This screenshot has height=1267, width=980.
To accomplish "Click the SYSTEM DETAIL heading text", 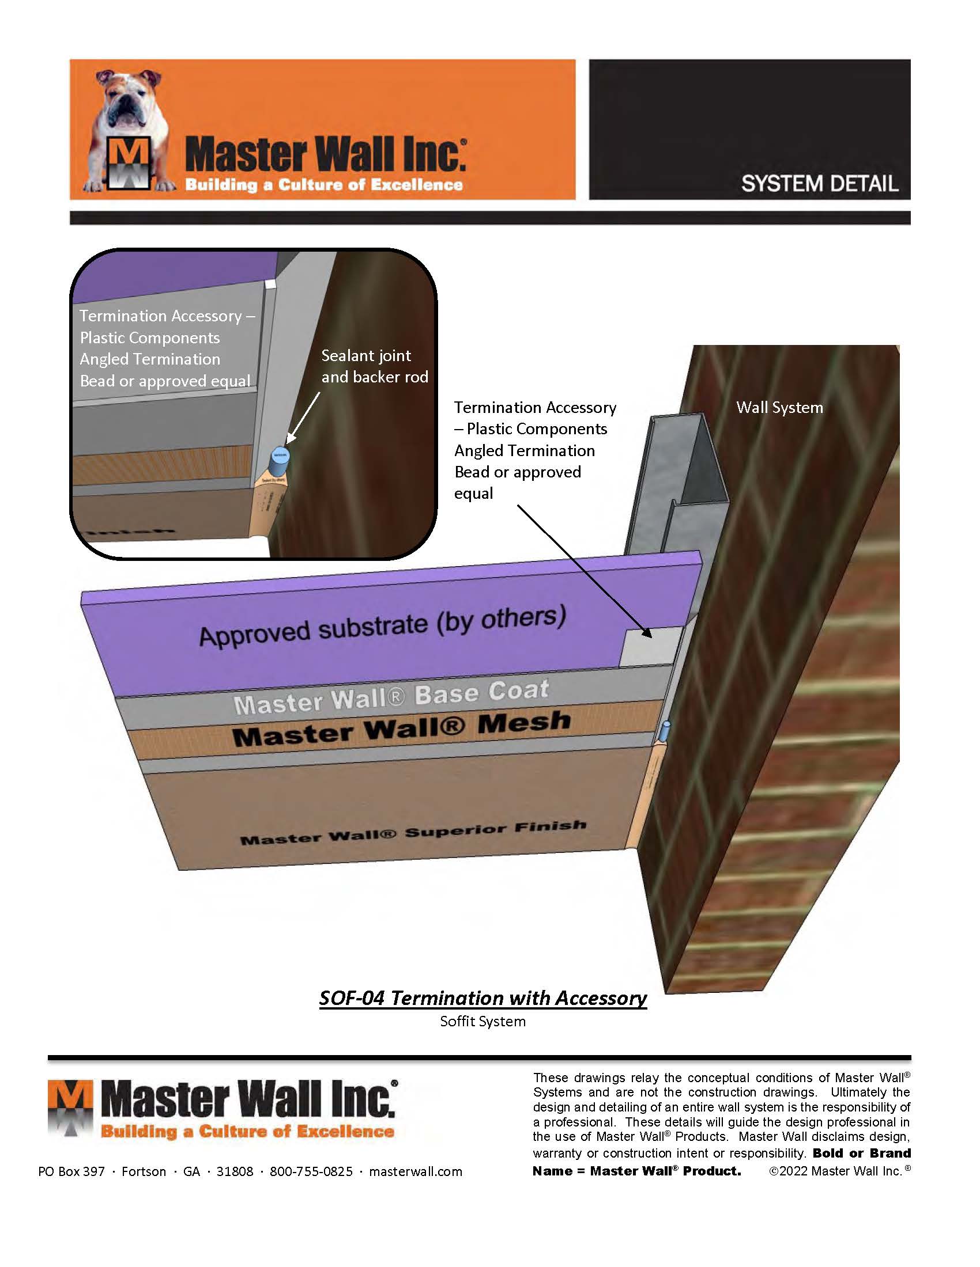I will point(819,184).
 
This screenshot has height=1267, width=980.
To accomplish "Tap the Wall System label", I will point(779,407).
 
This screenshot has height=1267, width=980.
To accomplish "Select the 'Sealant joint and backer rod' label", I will point(375,366).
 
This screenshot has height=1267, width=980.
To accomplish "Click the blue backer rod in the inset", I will point(280,459).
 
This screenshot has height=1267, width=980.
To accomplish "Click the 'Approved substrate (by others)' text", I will point(382,627).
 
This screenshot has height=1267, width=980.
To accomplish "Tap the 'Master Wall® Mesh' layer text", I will point(401,729).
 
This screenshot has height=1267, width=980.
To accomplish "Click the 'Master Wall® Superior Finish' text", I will point(413,833).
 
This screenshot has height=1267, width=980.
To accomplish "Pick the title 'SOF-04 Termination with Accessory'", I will point(483,998).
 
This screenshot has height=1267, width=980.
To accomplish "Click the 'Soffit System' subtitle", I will point(483,1022).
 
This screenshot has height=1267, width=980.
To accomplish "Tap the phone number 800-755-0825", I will point(311,1171).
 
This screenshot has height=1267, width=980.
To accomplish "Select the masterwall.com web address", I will point(416,1171).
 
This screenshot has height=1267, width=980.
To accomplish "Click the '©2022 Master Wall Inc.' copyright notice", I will point(839,1171).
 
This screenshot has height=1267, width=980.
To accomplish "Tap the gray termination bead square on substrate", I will point(650,647).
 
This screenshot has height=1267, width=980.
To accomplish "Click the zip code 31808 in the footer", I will point(235,1171).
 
